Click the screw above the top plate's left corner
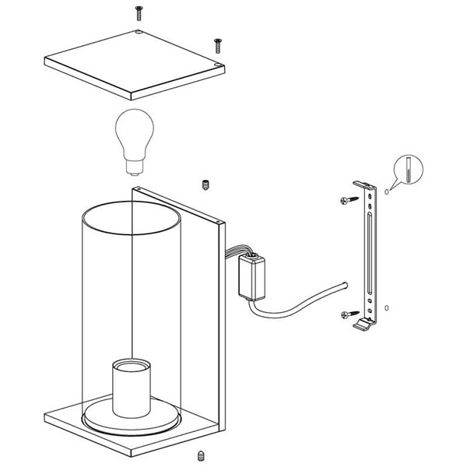(x=139, y=11)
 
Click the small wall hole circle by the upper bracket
(x=388, y=190)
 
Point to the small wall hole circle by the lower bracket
(x=388, y=309)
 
